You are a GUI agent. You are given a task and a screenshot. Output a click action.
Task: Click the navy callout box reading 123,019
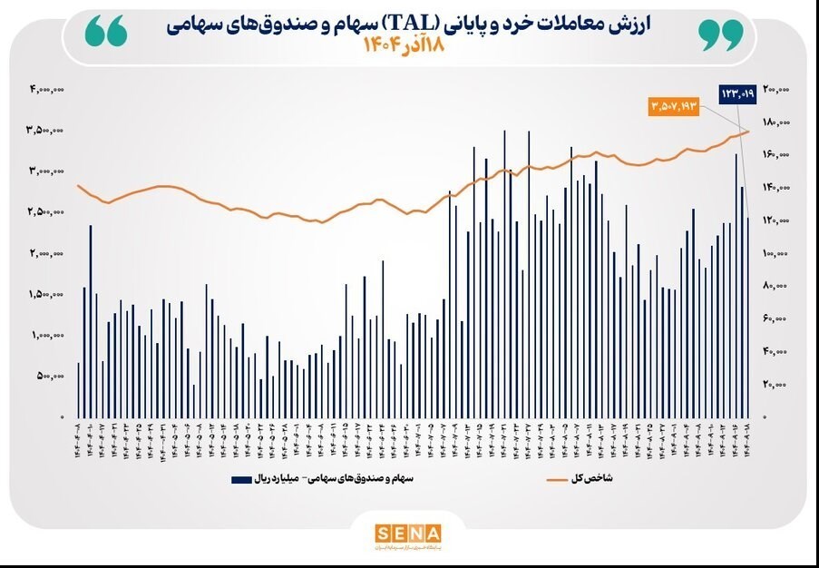pyautogui.click(x=737, y=93)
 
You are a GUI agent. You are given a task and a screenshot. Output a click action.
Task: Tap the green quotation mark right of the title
pyautogui.click(x=721, y=33)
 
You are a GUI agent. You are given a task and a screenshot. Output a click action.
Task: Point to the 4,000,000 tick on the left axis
pyautogui.click(x=45, y=89)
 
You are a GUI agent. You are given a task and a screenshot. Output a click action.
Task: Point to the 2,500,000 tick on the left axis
pyautogui.click(x=45, y=212)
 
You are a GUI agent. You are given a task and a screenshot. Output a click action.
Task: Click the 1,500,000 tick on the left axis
pyautogui.click(x=45, y=294)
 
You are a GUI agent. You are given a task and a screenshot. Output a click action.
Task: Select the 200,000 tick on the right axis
pyautogui.click(x=776, y=89)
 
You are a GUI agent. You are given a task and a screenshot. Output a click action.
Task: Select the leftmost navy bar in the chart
pyautogui.click(x=79, y=389)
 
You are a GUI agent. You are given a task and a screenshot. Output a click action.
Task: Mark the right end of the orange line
pyautogui.click(x=749, y=132)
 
